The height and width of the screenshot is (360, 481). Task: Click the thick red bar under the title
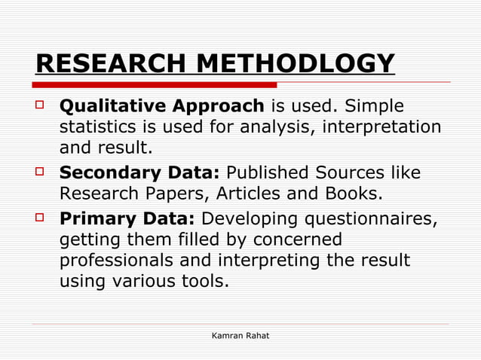155,84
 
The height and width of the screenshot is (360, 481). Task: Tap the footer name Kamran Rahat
240,334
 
